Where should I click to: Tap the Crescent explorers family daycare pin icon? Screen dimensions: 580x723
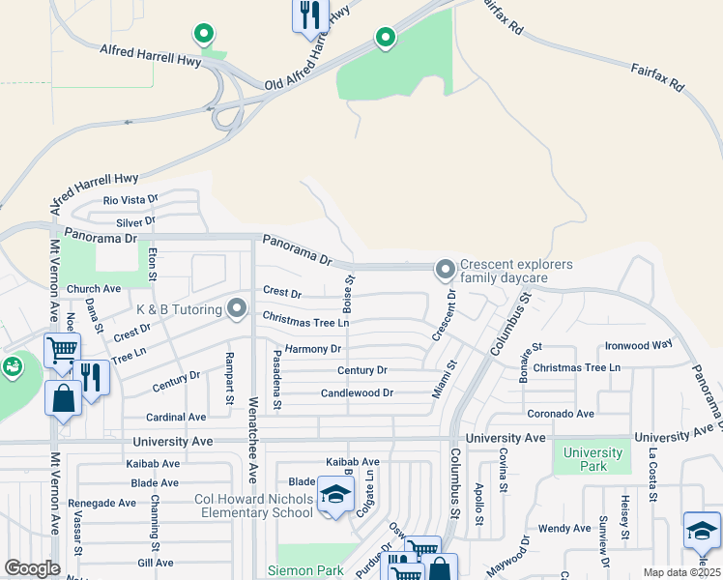pyautogui.click(x=445, y=270)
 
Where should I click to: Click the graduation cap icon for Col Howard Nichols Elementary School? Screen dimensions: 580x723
pyautogui.click(x=335, y=496)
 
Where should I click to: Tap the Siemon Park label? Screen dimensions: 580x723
pyautogui.click(x=306, y=571)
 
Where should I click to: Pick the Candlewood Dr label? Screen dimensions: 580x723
pyautogui.click(x=358, y=393)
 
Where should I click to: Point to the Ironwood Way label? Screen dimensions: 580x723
pyautogui.click(x=638, y=345)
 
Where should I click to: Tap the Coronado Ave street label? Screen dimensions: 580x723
pyautogui.click(x=561, y=414)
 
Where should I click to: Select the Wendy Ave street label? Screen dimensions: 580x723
pyautogui.click(x=564, y=529)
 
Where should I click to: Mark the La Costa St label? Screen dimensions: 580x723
pyautogui.click(x=653, y=476)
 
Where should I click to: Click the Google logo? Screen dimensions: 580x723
pyautogui.click(x=32, y=567)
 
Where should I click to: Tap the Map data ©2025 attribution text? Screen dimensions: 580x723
pyautogui.click(x=681, y=572)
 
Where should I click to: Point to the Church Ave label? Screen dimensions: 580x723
pyautogui.click(x=94, y=289)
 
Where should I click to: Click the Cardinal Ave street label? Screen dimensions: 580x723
pyautogui.click(x=176, y=418)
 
